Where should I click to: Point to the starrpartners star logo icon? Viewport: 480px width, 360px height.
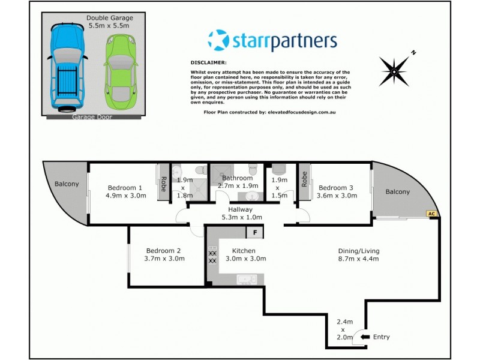(x=218, y=41)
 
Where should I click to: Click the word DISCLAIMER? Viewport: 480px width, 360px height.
(x=208, y=62)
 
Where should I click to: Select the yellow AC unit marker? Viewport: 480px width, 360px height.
(x=431, y=213)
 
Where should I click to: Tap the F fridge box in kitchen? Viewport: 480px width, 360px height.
(x=255, y=232)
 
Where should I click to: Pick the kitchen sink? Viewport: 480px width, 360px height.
(x=247, y=279)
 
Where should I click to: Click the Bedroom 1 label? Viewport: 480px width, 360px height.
(x=125, y=187)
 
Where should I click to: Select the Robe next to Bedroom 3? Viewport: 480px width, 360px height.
(x=305, y=179)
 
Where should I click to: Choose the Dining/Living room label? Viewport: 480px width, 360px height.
(x=358, y=251)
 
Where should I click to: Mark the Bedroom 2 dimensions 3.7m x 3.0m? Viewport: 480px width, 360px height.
(x=166, y=259)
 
